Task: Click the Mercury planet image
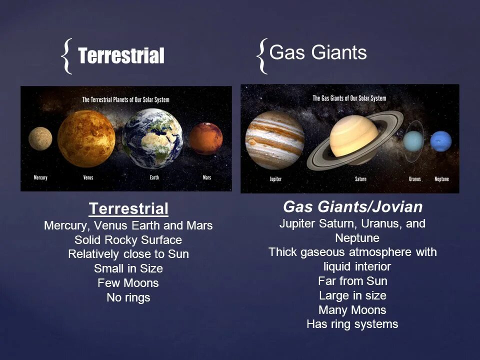click(40, 138)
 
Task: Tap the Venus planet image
click(86, 138)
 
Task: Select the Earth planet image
click(152, 138)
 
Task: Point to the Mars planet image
click(205, 138)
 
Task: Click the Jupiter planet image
click(274, 140)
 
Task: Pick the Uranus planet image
click(413, 141)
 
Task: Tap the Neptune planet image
click(441, 141)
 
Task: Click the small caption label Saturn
click(360, 179)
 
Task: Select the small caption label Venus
click(88, 177)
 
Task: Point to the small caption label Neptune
click(441, 179)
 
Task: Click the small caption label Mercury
click(40, 177)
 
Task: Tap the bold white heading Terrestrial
click(121, 56)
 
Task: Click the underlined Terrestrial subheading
click(128, 208)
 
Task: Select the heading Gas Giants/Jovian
click(353, 207)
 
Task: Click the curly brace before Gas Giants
click(262, 56)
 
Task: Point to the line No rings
click(128, 297)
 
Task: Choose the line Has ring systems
click(352, 324)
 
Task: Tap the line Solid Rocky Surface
click(128, 239)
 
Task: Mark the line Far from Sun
click(352, 280)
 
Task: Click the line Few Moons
click(128, 283)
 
